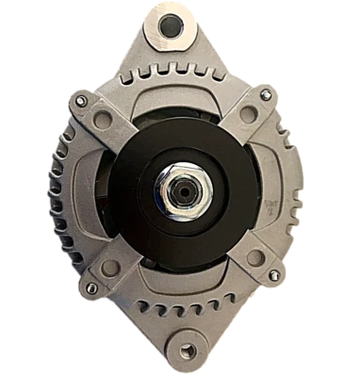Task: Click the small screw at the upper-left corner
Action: click(x=84, y=102)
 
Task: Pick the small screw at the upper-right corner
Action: click(x=274, y=102)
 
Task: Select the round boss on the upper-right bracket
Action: click(x=248, y=115)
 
